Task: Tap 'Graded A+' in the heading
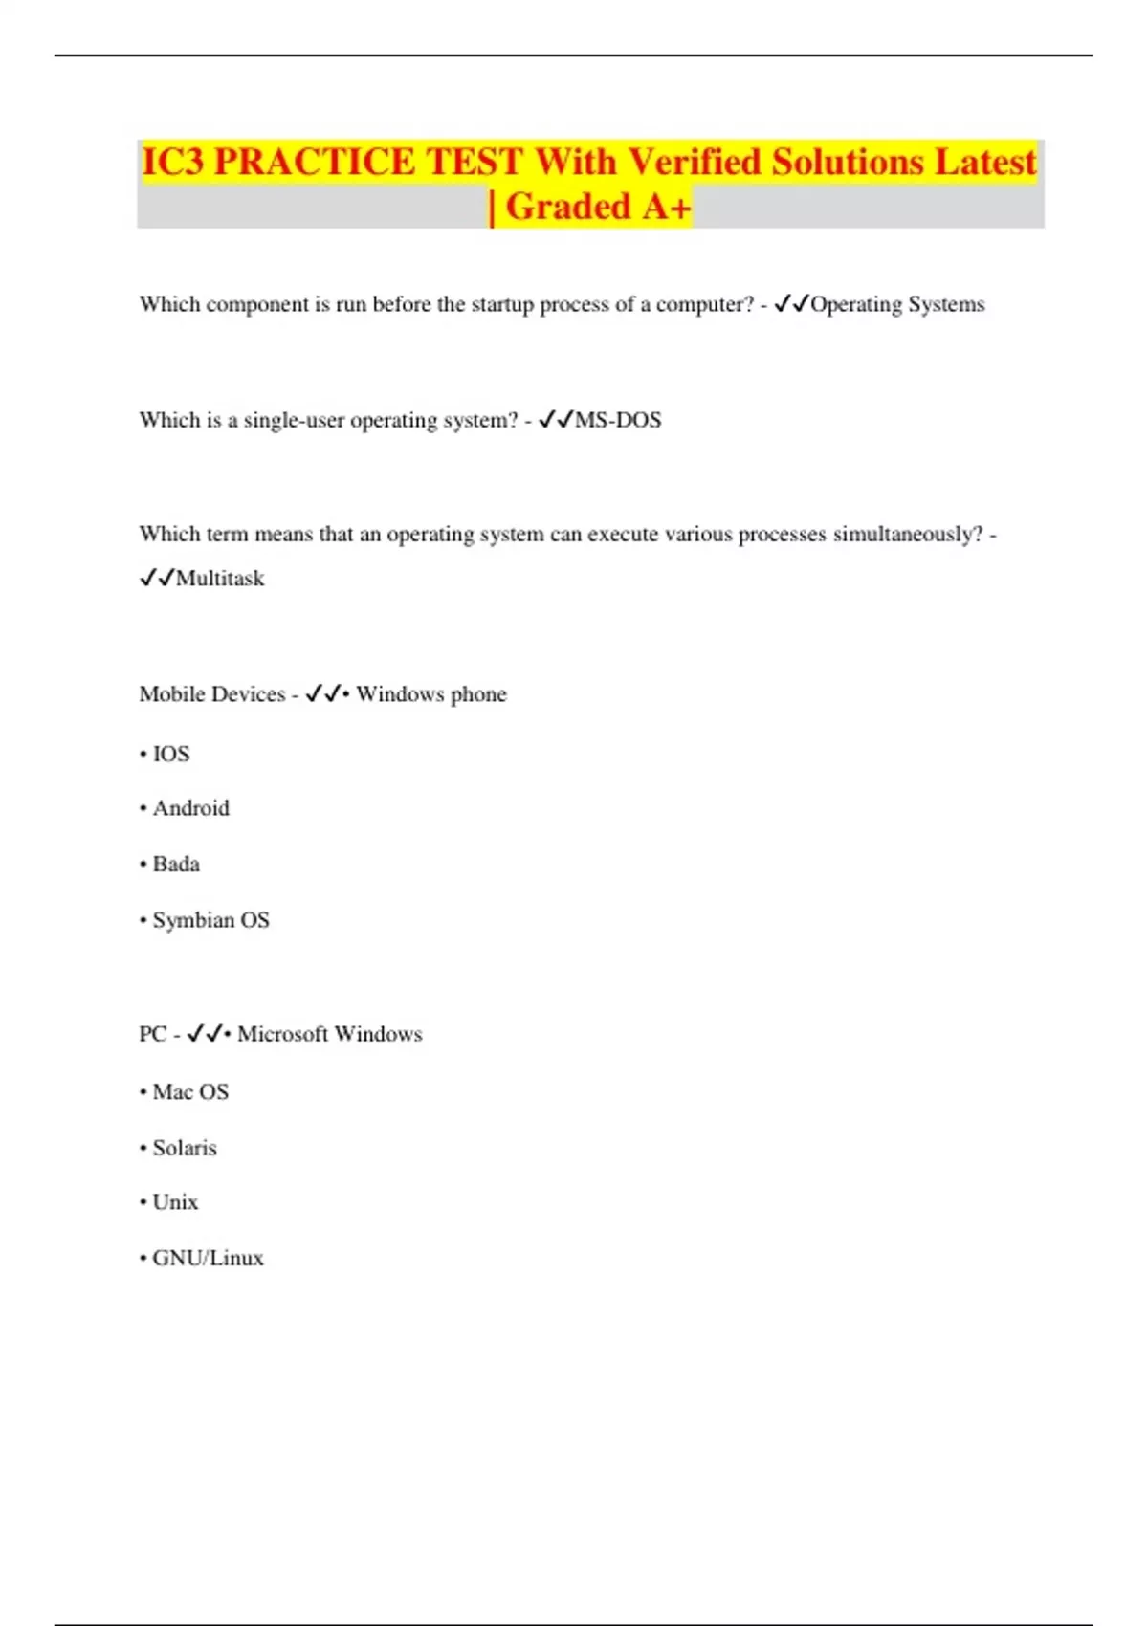click(597, 207)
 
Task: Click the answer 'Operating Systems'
click(896, 304)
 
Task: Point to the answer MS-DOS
click(617, 420)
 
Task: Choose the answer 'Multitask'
click(219, 579)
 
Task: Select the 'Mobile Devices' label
click(211, 694)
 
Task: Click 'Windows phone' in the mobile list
click(430, 694)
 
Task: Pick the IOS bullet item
click(170, 755)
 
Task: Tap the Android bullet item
click(190, 808)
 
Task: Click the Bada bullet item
click(176, 865)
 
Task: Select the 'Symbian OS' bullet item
click(210, 920)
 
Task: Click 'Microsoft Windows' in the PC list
click(329, 1034)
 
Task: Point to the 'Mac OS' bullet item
click(190, 1092)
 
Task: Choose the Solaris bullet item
click(185, 1148)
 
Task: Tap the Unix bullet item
click(175, 1202)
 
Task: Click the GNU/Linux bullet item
click(208, 1259)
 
